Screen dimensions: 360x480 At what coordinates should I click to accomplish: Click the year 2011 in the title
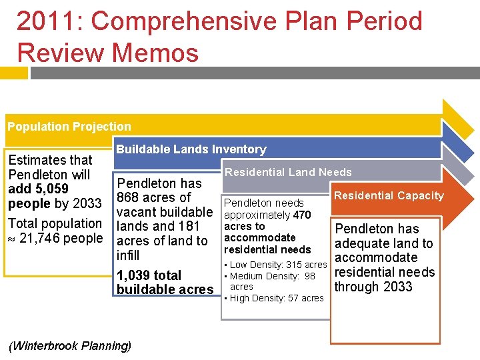coord(48,21)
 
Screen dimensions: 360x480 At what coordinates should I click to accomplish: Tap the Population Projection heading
coord(69,126)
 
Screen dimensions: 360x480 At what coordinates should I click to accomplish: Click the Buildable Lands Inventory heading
coord(191,149)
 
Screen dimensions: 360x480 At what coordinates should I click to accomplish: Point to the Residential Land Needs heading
coord(288,172)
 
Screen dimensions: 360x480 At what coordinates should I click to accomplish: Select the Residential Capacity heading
coord(389,195)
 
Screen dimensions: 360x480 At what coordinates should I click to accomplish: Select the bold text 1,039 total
coord(149,275)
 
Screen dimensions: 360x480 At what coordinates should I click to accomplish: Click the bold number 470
coord(302,215)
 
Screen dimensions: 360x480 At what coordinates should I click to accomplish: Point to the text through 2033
coord(373,287)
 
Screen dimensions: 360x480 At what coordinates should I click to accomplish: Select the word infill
coord(128,255)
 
